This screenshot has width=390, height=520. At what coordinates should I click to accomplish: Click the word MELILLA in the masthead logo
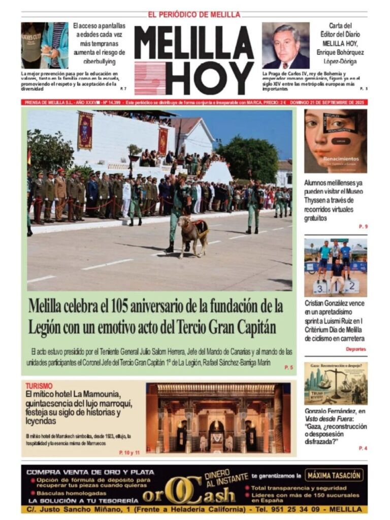click(x=194, y=43)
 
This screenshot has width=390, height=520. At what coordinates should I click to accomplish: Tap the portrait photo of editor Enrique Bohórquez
click(x=285, y=46)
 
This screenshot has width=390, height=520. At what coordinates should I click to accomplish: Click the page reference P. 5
click(x=288, y=367)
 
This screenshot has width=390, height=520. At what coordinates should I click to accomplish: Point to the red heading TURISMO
click(x=39, y=386)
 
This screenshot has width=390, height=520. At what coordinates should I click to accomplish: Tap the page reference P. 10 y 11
click(x=129, y=452)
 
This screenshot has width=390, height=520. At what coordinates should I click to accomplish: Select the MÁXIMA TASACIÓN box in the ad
click(x=335, y=475)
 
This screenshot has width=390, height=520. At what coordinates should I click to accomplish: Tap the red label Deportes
click(x=356, y=349)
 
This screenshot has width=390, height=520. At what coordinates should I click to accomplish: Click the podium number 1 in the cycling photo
click(x=335, y=287)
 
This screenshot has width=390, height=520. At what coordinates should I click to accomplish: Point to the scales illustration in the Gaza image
click(x=335, y=383)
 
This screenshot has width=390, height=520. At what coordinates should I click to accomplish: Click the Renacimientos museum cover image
click(x=335, y=141)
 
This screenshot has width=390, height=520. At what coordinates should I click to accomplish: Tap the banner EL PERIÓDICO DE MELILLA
click(x=194, y=15)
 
